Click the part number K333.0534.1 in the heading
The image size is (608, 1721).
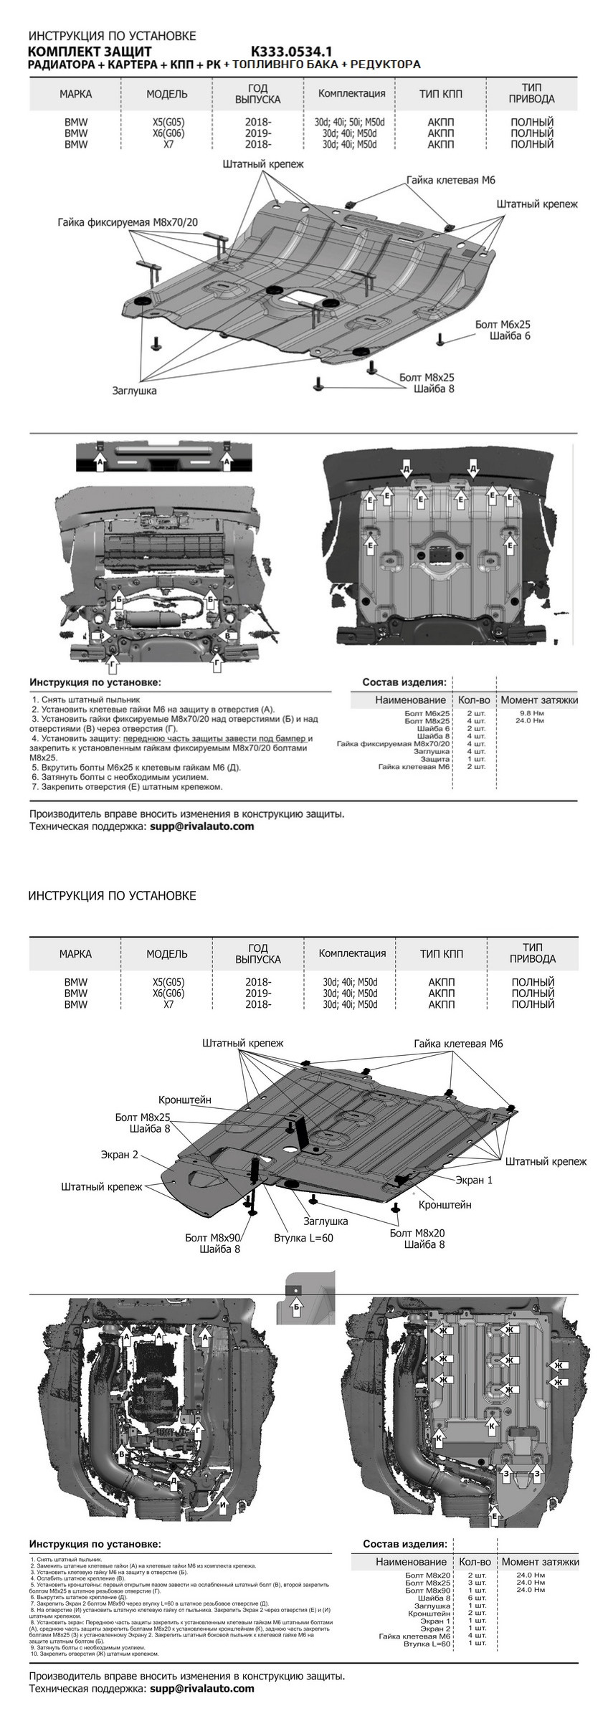(x=291, y=52)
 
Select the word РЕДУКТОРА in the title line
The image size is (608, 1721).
(x=386, y=65)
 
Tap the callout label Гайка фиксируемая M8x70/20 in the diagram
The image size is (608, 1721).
(x=128, y=222)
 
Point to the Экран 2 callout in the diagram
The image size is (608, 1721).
(x=119, y=1155)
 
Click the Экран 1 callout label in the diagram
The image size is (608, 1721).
(x=474, y=1179)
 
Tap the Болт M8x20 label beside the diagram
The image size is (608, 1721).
(x=417, y=1233)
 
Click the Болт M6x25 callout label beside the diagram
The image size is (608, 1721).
(x=503, y=325)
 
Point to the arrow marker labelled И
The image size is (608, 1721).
(x=224, y=1505)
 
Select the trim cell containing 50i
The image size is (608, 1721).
(x=350, y=122)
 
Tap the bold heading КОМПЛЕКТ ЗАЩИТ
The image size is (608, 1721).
(x=90, y=52)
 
